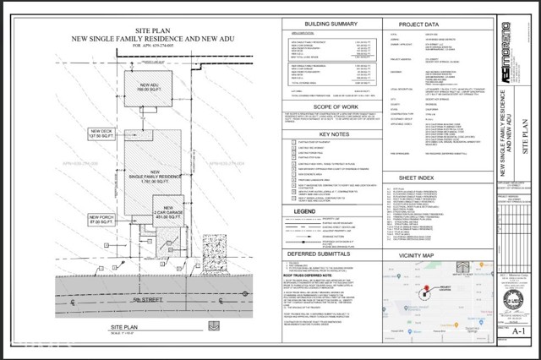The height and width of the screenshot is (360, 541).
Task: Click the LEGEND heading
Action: pos(303,210)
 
